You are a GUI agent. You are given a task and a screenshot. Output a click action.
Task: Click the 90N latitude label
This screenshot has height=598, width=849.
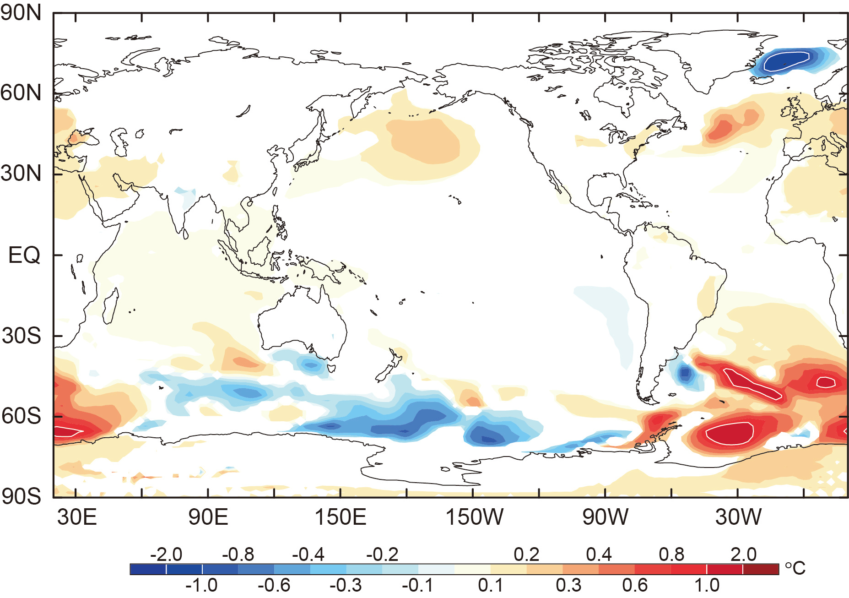pyautogui.click(x=21, y=13)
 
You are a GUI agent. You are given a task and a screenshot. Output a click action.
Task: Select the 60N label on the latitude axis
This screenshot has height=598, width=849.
pyautogui.click(x=21, y=93)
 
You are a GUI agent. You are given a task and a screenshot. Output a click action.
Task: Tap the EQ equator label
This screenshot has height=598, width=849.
pyautogui.click(x=24, y=255)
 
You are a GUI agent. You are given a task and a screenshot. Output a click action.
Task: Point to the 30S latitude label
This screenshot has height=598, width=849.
pyautogui.click(x=21, y=336)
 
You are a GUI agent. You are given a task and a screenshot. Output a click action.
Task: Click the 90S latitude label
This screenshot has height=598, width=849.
pyautogui.click(x=21, y=497)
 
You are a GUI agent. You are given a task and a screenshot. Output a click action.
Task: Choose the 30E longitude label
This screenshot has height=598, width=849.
pyautogui.click(x=77, y=517)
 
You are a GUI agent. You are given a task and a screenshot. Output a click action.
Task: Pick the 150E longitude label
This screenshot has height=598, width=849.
pyautogui.click(x=340, y=517)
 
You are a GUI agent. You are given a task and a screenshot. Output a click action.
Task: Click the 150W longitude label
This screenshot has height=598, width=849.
pyautogui.click(x=474, y=517)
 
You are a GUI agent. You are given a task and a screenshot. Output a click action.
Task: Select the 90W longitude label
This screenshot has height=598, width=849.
pyautogui.click(x=605, y=517)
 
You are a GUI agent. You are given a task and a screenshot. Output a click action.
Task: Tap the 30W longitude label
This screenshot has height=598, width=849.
pyautogui.click(x=738, y=517)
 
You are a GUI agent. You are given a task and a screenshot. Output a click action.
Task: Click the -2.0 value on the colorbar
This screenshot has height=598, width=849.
pyautogui.click(x=166, y=555)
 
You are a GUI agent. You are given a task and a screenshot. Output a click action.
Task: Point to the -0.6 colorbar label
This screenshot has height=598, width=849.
pyautogui.click(x=274, y=585)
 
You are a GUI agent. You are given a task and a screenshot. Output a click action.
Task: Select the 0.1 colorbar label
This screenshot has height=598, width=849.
pyautogui.click(x=490, y=585)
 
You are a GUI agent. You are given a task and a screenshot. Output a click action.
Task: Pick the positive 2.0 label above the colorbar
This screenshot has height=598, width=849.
pyautogui.click(x=743, y=555)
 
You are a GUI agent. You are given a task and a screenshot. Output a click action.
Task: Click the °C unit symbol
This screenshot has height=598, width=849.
pyautogui.click(x=795, y=568)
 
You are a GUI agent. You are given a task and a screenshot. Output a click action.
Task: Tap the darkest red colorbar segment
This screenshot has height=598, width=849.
pyautogui.click(x=761, y=569)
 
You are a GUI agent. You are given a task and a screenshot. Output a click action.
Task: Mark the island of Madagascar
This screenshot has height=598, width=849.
pyautogui.click(x=110, y=306)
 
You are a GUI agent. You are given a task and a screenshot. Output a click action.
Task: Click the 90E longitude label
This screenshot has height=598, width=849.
pyautogui.click(x=208, y=517)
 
